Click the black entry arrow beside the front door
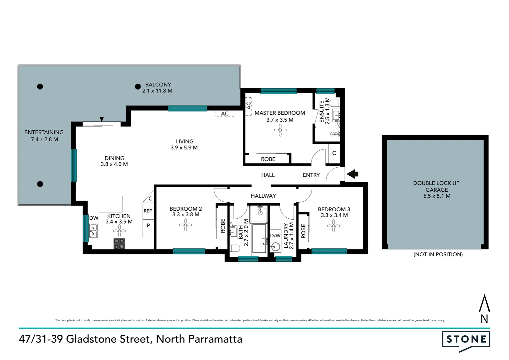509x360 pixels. coord(352,174)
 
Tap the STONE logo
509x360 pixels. coord(466,340)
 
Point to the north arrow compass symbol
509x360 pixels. coord(484,309)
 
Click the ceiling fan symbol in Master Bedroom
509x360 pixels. coord(280,130)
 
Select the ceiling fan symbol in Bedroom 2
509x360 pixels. coord(186,226)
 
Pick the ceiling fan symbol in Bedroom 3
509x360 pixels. coord(333,226)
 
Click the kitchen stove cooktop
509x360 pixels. coord(119,244)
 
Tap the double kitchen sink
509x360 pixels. coord(93,231)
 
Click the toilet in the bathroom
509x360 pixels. coord(235,248)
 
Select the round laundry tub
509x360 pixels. coord(275,247)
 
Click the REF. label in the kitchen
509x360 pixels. coord(148,211)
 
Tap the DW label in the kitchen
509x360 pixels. coord(94,218)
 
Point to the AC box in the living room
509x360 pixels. coord(225,114)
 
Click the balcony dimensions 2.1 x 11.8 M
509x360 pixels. coord(157,91)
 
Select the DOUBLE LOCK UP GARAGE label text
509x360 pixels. coord(436,186)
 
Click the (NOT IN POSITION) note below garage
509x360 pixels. coord(438,254)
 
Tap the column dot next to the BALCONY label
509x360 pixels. coord(138,87)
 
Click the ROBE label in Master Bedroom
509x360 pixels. coord(268,159)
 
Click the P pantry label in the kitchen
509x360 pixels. coord(148,225)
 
